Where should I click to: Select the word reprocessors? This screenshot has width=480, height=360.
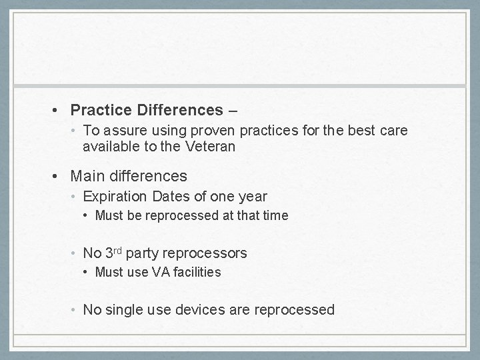click(x=204, y=253)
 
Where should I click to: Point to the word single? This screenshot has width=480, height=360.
click(x=123, y=310)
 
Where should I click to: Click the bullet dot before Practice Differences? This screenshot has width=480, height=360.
click(x=60, y=109)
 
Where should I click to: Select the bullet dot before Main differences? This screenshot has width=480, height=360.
click(x=60, y=177)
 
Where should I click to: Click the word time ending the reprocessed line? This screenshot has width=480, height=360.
click(x=277, y=215)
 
